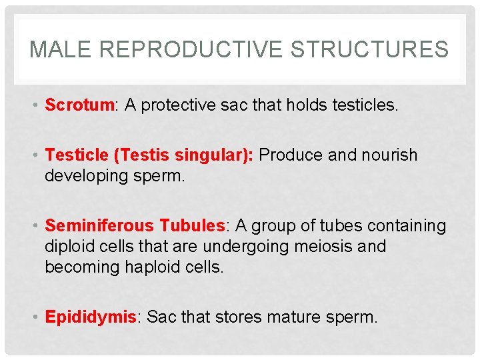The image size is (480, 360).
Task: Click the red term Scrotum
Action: click(79, 105)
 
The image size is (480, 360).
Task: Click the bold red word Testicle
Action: click(77, 155)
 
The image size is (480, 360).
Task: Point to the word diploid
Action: click(70, 246)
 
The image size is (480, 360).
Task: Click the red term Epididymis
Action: click(90, 317)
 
